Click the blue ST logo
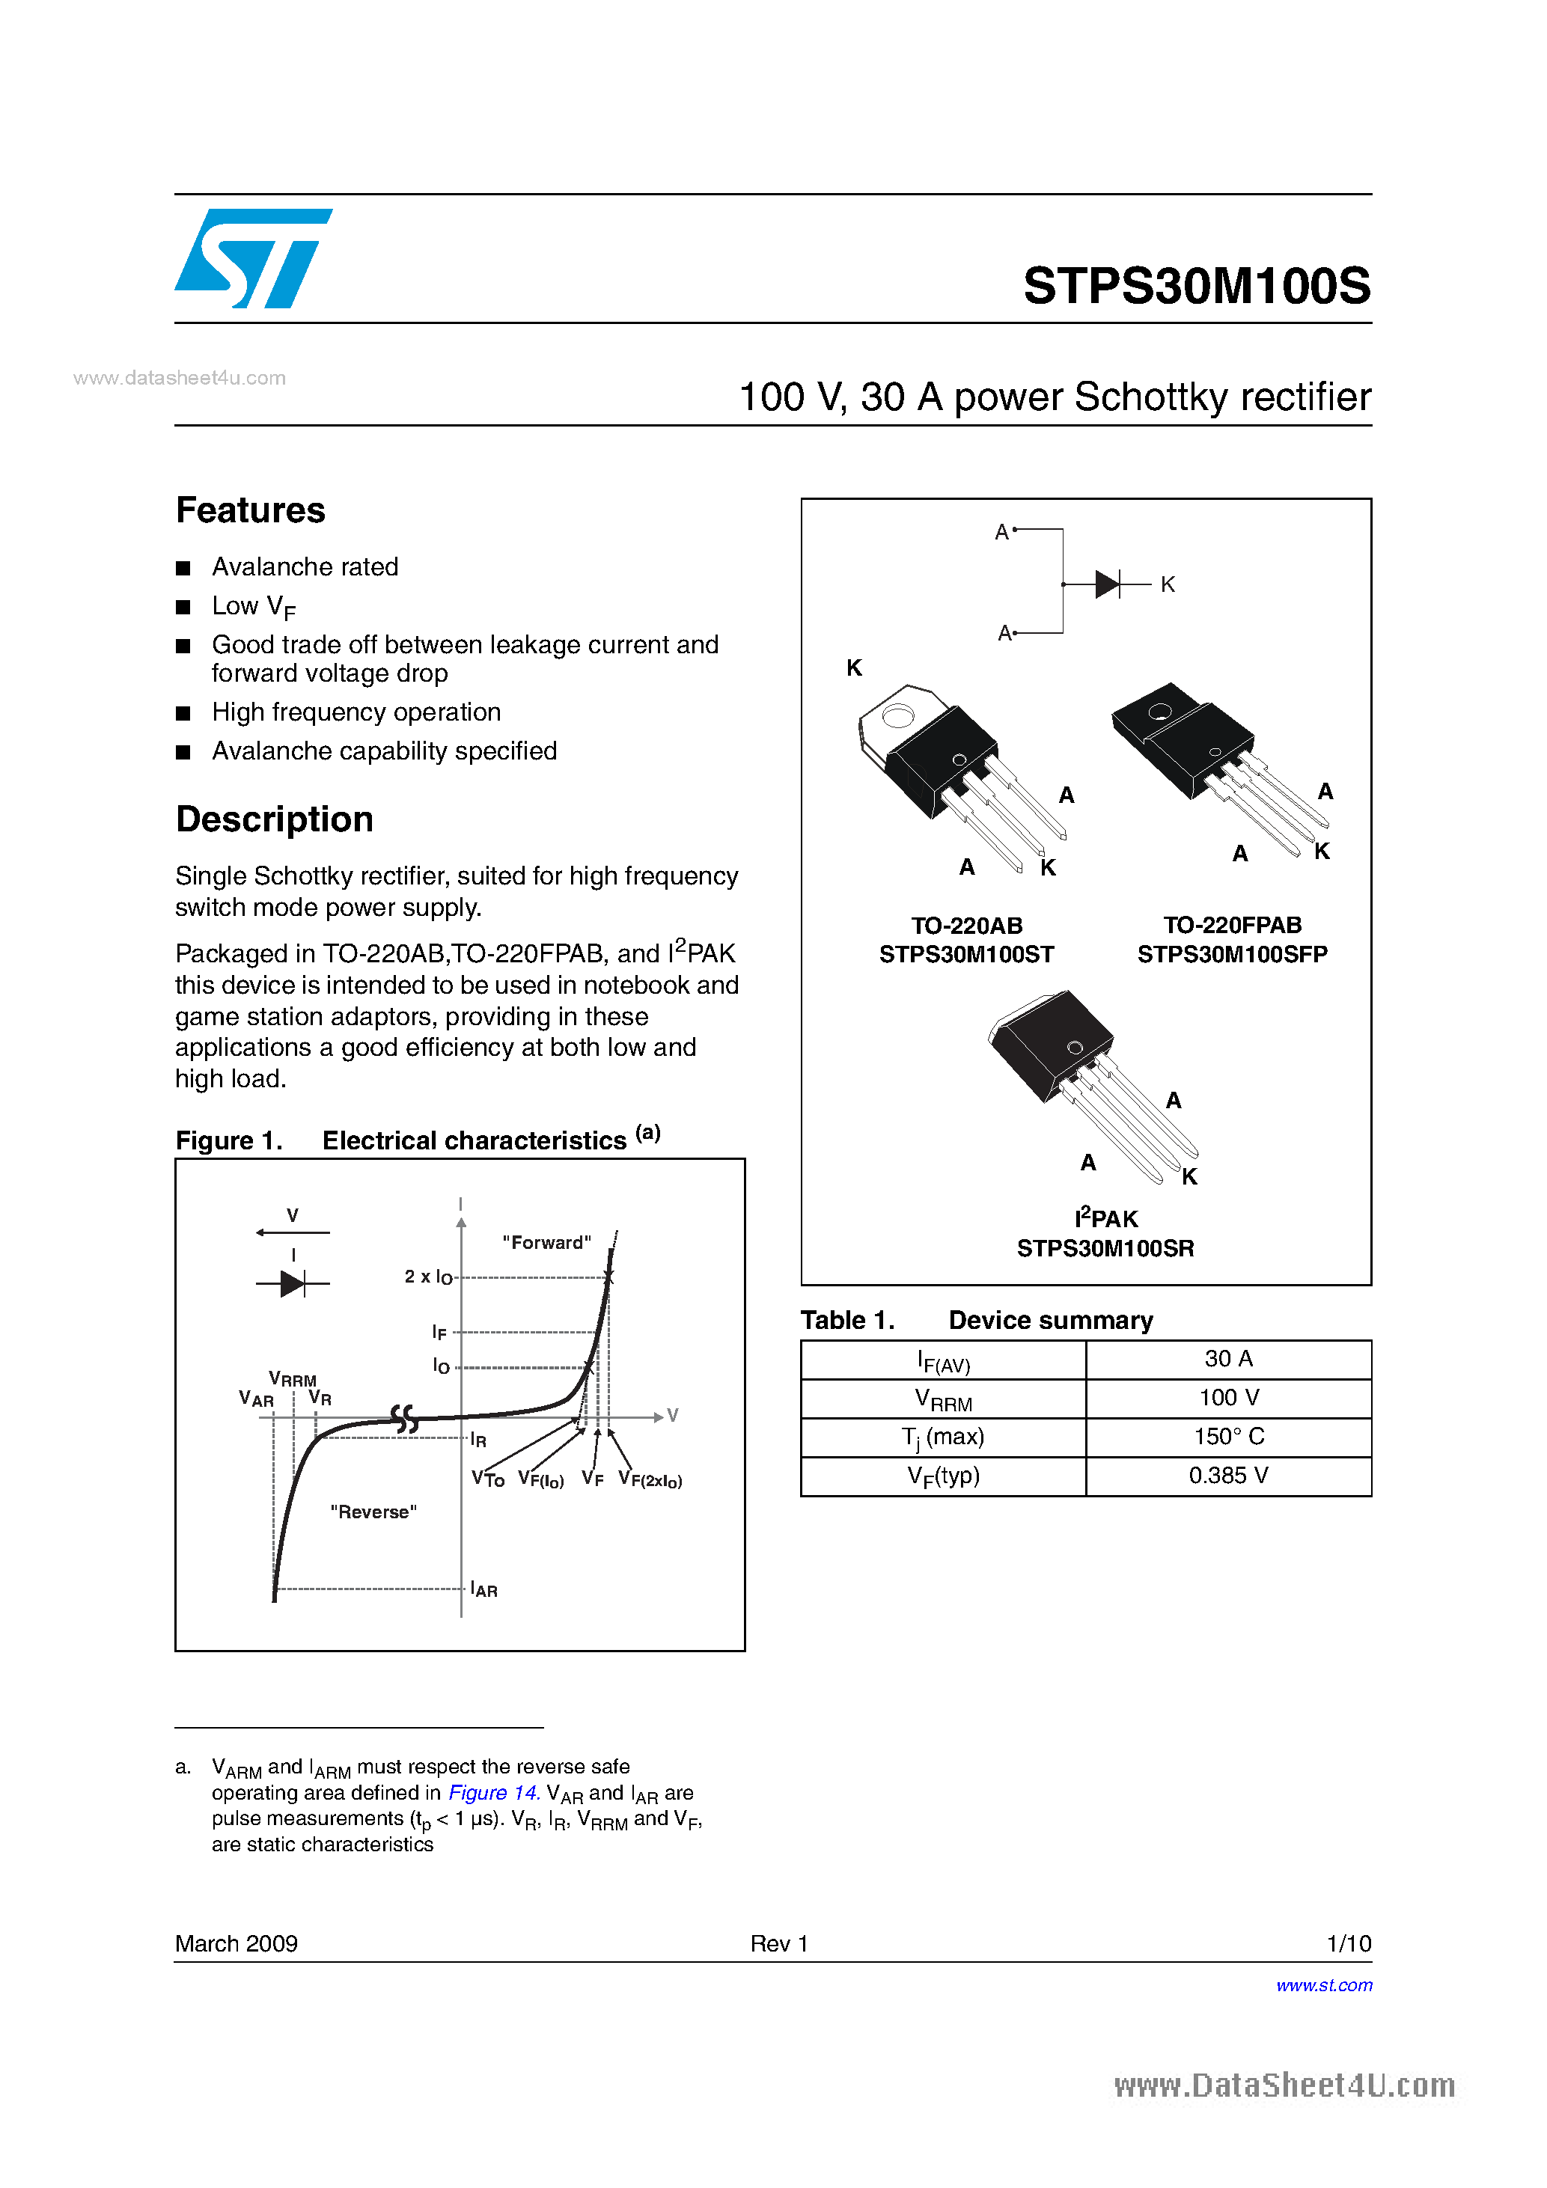click(252, 258)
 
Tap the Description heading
click(275, 819)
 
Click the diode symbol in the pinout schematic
click(1107, 584)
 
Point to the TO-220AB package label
click(966, 926)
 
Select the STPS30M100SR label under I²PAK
click(1105, 1248)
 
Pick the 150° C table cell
click(1227, 1437)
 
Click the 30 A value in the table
click(1227, 1359)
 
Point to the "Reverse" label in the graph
click(373, 1512)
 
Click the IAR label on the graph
click(484, 1589)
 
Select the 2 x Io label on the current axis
click(428, 1277)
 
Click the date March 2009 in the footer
click(237, 1943)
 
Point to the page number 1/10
click(1348, 1943)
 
